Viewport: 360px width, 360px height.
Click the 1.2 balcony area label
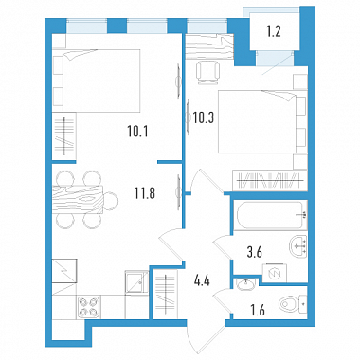click(273, 31)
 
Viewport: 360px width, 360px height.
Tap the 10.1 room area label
click(137, 132)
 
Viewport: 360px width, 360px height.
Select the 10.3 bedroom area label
click(204, 118)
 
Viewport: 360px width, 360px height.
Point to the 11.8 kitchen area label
click(145, 193)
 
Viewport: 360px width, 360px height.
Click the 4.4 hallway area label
click(203, 280)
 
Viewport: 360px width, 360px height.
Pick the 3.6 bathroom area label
click(254, 252)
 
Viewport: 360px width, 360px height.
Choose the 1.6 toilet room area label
click(257, 311)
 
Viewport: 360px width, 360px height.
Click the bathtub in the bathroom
click(270, 215)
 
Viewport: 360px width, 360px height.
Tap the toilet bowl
click(293, 304)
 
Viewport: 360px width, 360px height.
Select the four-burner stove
click(88, 307)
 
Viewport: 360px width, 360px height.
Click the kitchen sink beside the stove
click(136, 282)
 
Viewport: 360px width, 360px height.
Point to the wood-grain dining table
click(78, 200)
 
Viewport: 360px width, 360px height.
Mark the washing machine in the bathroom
click(274, 273)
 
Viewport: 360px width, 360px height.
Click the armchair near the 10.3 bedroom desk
click(207, 73)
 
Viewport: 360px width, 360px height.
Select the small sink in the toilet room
click(245, 284)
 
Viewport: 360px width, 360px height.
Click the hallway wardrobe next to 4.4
click(166, 294)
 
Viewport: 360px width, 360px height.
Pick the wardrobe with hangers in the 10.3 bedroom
click(270, 180)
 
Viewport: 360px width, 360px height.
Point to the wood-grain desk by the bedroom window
click(209, 46)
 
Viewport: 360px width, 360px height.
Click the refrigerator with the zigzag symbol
click(64, 271)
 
